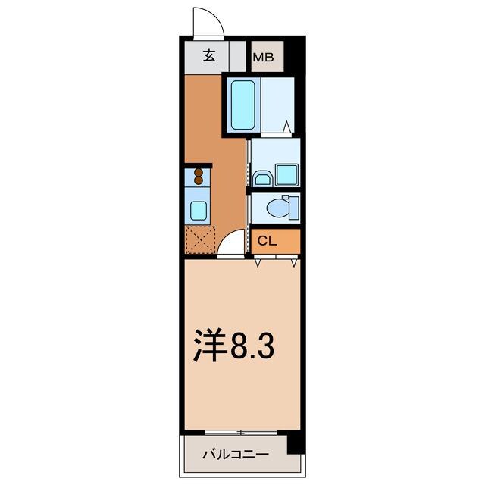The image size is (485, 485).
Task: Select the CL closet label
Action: tap(267, 242)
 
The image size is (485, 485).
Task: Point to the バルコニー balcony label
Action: tap(235, 455)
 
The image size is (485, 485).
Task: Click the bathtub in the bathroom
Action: tap(243, 104)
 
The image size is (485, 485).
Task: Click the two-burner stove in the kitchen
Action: tap(199, 177)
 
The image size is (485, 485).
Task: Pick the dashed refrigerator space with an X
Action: tap(200, 240)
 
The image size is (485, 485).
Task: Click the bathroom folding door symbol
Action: tap(286, 128)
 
